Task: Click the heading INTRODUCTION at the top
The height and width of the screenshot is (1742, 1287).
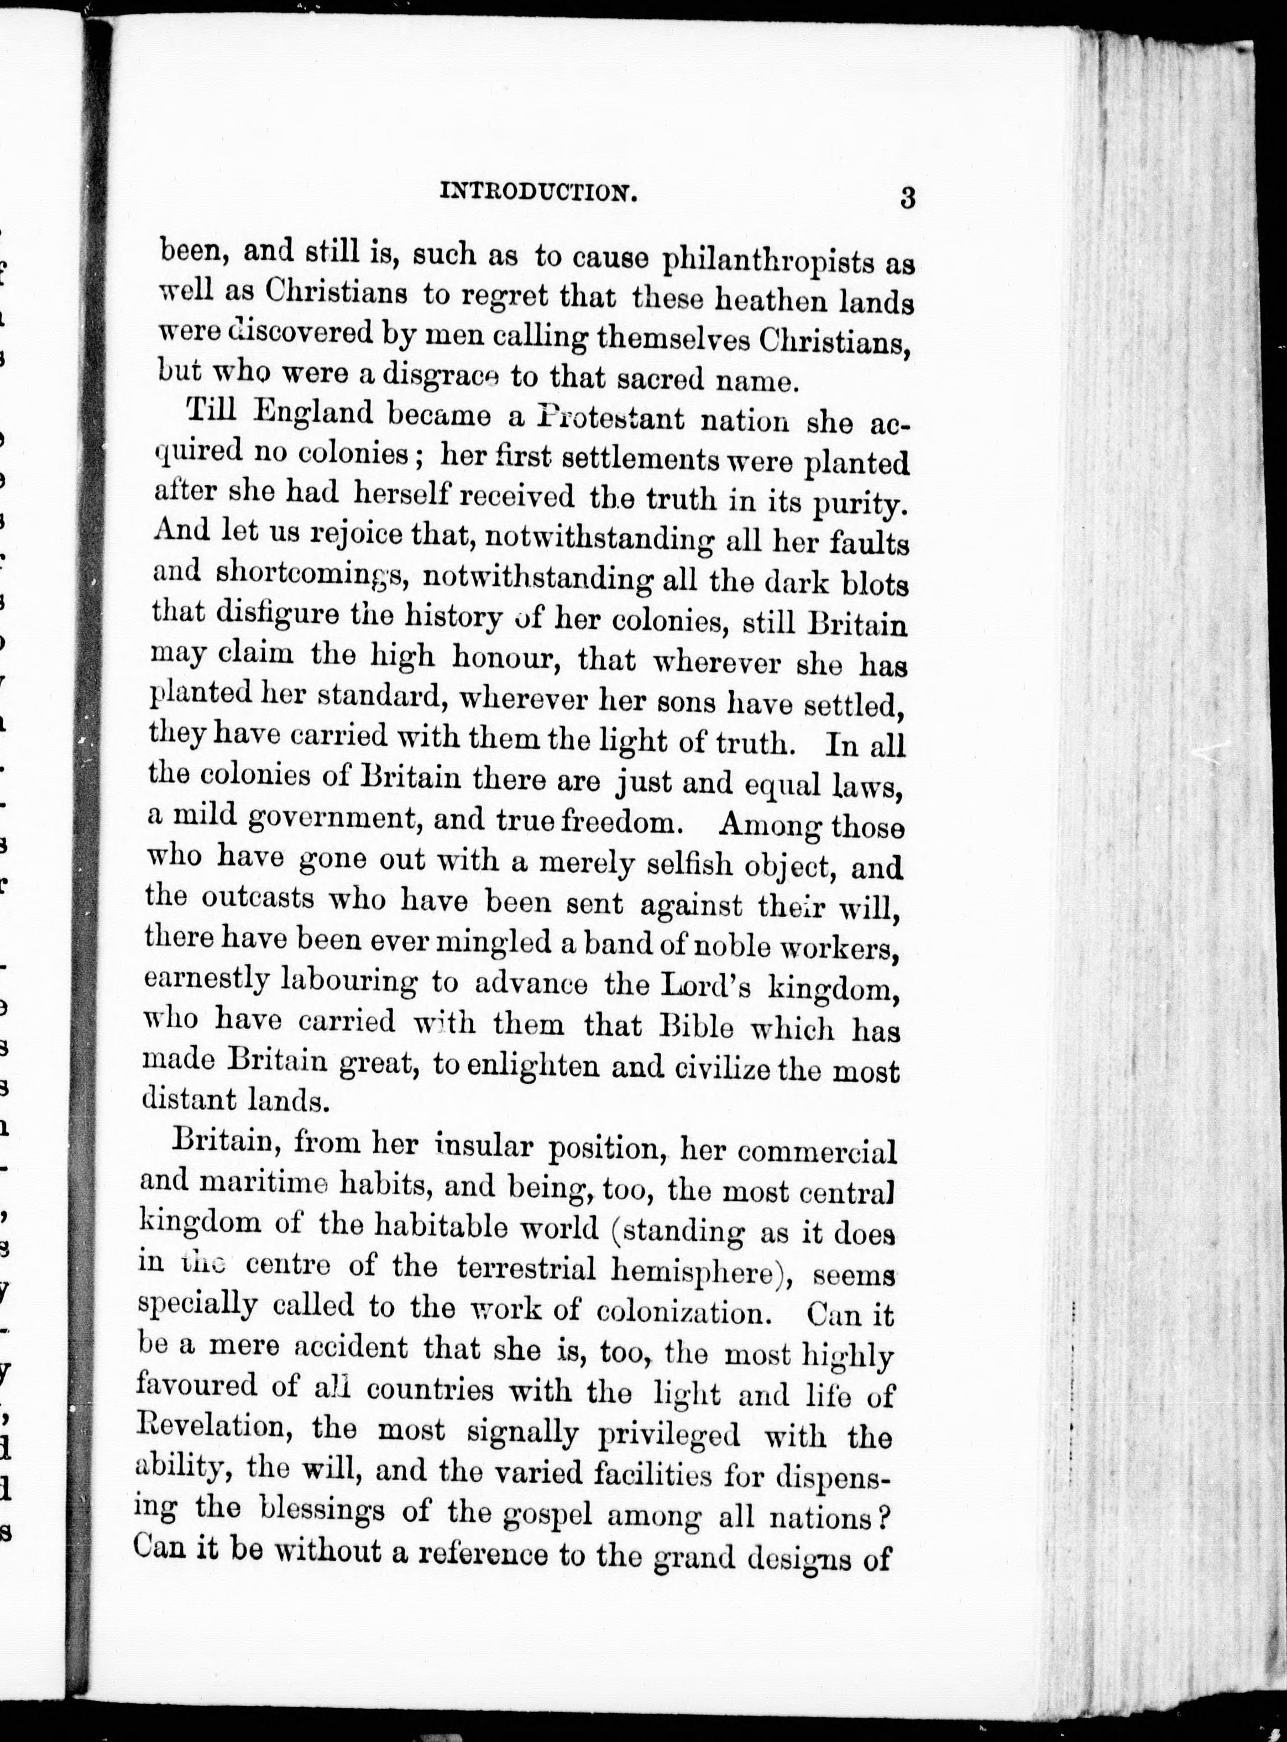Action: [x=539, y=192]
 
